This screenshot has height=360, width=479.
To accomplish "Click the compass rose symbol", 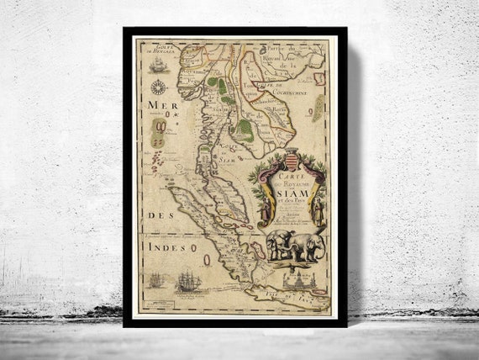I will tap(157, 87).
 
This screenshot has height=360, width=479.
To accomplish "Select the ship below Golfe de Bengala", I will tap(157, 65).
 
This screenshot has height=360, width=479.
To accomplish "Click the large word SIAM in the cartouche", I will tap(289, 191).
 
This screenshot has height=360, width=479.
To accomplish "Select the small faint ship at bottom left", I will tap(155, 280).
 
